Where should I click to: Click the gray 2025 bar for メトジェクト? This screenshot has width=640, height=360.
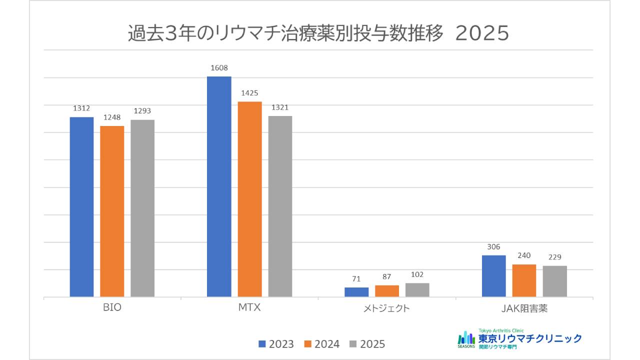417,290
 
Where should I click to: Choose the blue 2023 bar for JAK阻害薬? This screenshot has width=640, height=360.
493,276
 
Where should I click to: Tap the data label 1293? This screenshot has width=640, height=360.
142,111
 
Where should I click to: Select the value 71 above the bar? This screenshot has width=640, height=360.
356,278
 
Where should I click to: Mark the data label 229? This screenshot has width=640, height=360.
554,257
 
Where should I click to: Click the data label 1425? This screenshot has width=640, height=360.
249,93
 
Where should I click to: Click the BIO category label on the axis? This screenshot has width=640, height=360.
112,308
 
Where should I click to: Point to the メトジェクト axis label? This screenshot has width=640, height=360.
386,308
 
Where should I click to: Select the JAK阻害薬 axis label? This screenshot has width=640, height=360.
524,308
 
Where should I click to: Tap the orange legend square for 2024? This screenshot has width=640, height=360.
308,344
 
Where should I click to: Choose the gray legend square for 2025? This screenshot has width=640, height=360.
353,344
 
